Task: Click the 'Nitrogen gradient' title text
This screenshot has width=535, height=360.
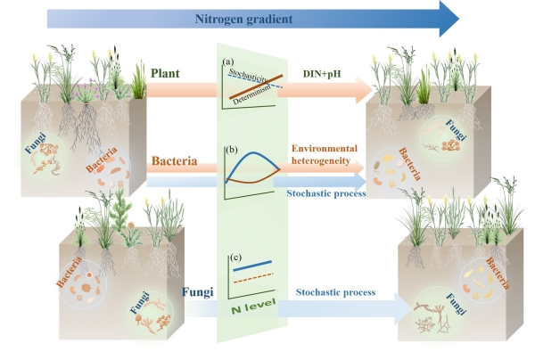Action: click(x=234, y=16)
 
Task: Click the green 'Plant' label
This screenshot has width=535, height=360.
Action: click(x=169, y=71)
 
